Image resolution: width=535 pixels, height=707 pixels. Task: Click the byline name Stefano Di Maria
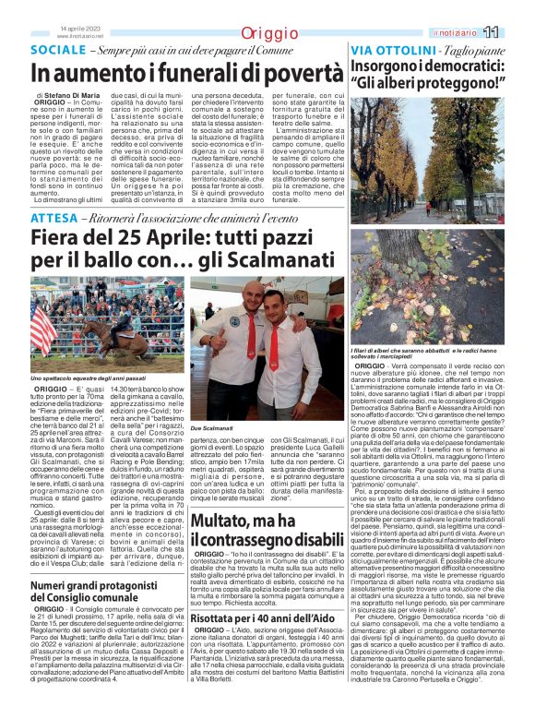[x=74, y=95]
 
